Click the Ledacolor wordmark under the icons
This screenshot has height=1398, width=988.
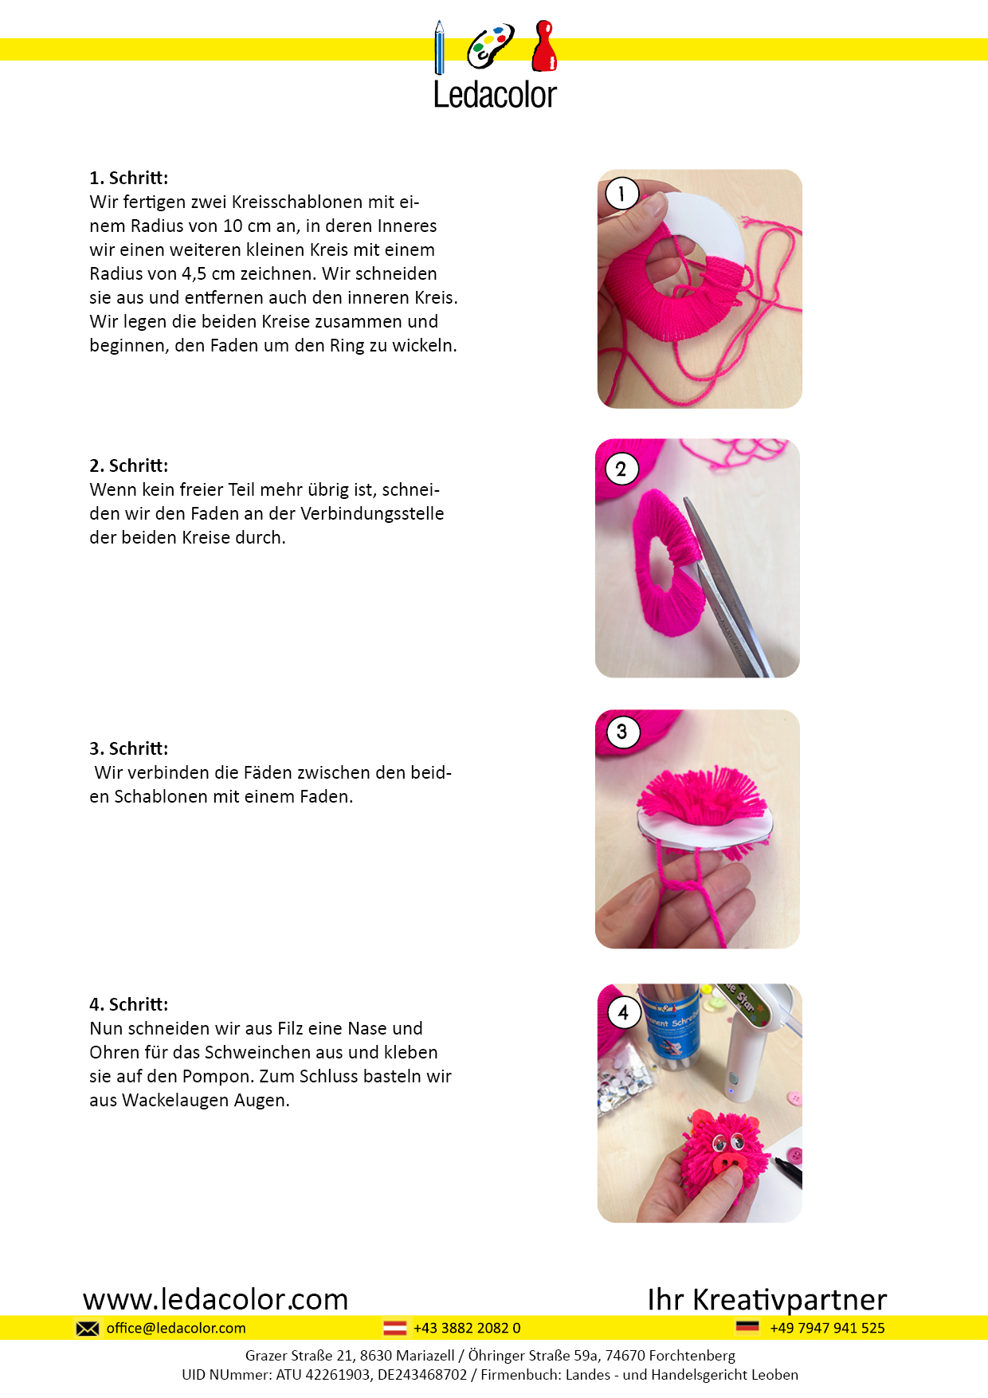tap(495, 95)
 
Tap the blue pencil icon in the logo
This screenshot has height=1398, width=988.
tap(439, 48)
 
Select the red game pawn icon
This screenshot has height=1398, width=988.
tap(544, 45)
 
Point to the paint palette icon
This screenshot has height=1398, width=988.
tap(490, 46)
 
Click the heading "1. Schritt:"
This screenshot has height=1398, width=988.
tap(129, 178)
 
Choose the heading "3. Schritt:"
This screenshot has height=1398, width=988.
tap(129, 748)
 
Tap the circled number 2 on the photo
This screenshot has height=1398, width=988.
tap(621, 469)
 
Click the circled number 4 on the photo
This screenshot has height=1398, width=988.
tap(623, 1012)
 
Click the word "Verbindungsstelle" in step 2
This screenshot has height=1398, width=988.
tap(372, 513)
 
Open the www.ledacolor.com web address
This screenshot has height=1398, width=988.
tap(216, 1299)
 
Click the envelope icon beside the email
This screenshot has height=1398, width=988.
tap(88, 1328)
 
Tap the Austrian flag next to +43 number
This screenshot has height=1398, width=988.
tap(395, 1328)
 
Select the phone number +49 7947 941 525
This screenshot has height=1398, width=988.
tap(827, 1328)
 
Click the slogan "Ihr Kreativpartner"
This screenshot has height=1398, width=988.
tap(767, 1299)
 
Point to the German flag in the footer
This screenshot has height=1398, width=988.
tap(747, 1327)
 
